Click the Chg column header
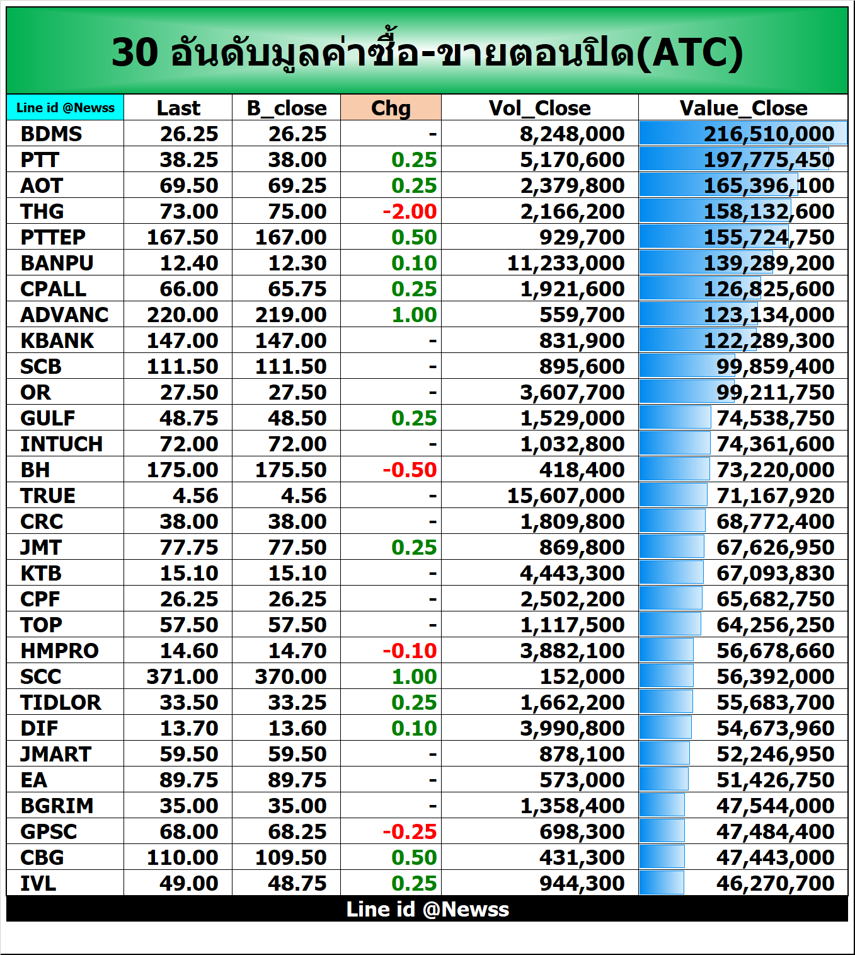point(391,108)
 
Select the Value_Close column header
point(743,108)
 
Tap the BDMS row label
point(51,134)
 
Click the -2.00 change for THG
point(410,211)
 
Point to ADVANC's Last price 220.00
point(182,315)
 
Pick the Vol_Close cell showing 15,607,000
point(565,495)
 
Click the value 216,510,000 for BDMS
point(769,134)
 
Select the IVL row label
point(38,883)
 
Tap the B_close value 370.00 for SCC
point(290,676)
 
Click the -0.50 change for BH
point(410,470)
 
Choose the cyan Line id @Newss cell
point(66,108)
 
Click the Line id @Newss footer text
point(427,909)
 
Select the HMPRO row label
point(59,651)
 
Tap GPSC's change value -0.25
point(410,831)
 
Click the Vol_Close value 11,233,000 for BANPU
point(565,263)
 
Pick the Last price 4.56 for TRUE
point(195,495)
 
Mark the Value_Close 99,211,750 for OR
point(775,392)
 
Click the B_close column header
point(287,108)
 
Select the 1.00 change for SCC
point(414,676)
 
